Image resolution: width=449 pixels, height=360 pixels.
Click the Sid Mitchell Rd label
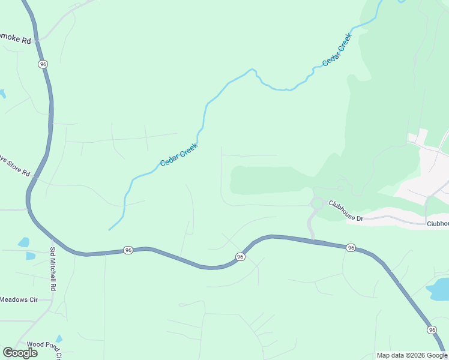coord(53,269)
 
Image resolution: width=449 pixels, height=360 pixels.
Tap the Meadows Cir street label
coord(18,299)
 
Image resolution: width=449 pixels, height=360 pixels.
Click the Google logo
coord(20,353)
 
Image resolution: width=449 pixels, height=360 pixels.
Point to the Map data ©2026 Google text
coord(411,355)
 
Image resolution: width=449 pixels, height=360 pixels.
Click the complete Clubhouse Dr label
coord(346,211)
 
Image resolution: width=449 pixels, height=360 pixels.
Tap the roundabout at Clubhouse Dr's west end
coord(316,203)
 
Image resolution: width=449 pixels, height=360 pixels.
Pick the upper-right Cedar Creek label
coord(337,50)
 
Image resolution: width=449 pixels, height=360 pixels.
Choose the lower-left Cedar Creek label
coord(179,155)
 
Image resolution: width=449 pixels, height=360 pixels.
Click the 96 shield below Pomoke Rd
coord(42,64)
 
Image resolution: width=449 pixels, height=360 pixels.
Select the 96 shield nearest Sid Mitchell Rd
coord(128,250)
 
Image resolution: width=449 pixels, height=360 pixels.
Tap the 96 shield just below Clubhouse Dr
coord(351,247)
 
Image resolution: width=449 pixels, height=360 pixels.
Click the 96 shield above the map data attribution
coord(432,330)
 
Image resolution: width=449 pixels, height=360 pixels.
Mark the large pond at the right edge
coord(438,289)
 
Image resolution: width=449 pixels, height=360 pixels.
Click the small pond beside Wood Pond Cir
coord(59,339)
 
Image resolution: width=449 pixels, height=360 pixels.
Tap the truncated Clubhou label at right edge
coord(438,223)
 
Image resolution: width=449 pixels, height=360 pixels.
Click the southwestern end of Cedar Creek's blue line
coord(109,229)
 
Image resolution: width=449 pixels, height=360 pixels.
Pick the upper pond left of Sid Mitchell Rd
coord(23,242)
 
